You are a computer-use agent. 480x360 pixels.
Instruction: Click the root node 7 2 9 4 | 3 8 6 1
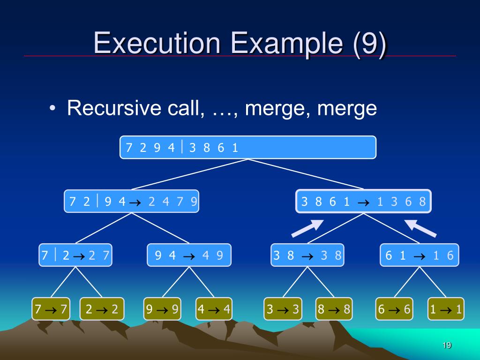tap(248, 148)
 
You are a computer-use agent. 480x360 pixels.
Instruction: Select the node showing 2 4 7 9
tap(131, 202)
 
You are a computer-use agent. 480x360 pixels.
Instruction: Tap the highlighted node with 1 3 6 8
tap(363, 202)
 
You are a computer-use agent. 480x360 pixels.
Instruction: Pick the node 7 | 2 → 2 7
tap(75, 255)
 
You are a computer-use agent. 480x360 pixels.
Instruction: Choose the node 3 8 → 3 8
tap(307, 255)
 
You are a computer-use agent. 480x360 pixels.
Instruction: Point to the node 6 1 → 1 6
tap(419, 255)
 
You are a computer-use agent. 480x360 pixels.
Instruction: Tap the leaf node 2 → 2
tap(102, 309)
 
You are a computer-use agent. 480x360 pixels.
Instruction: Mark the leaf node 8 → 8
tap(334, 309)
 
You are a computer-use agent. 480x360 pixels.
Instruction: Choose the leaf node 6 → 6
tap(394, 309)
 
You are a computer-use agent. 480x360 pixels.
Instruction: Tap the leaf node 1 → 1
tap(446, 309)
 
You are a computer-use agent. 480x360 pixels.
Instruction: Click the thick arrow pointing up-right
tap(307, 228)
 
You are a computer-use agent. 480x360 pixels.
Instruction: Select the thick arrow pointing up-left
tap(420, 228)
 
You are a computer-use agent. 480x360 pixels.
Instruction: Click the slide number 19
tap(446, 345)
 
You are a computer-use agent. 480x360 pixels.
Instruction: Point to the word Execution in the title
tap(157, 43)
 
